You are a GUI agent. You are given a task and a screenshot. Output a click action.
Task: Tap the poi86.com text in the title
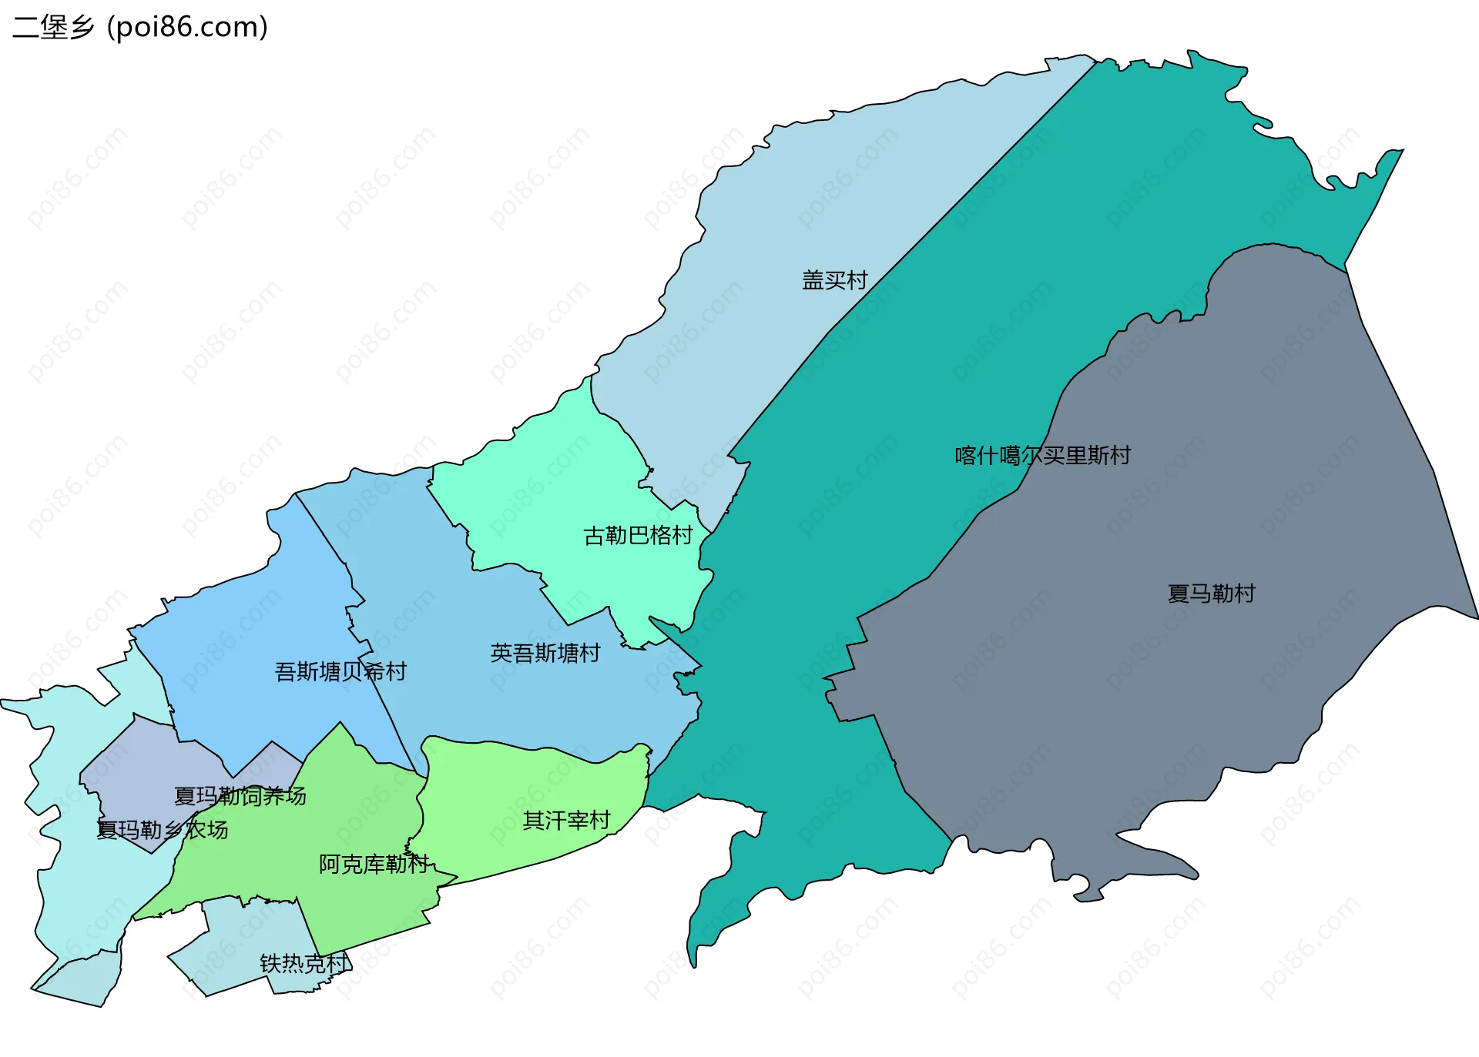point(187,27)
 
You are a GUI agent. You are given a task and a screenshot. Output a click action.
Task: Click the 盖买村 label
point(834,280)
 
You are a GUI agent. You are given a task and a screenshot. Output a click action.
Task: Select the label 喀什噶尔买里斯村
point(1042,456)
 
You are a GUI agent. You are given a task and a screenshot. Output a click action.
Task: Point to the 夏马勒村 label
point(1211,594)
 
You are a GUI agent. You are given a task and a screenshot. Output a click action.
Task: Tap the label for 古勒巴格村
point(638,536)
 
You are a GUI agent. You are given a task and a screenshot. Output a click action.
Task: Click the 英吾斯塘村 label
point(545,654)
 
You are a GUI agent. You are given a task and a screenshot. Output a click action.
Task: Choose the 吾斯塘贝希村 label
point(340,672)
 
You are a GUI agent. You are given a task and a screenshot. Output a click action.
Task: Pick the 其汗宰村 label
point(566,821)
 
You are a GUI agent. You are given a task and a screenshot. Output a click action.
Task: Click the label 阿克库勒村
point(374,865)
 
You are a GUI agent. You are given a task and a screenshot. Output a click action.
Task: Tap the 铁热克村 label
point(304,964)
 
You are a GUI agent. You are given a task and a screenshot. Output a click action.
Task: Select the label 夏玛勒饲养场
point(240,796)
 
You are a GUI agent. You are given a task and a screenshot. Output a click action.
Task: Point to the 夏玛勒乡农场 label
point(162,830)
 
